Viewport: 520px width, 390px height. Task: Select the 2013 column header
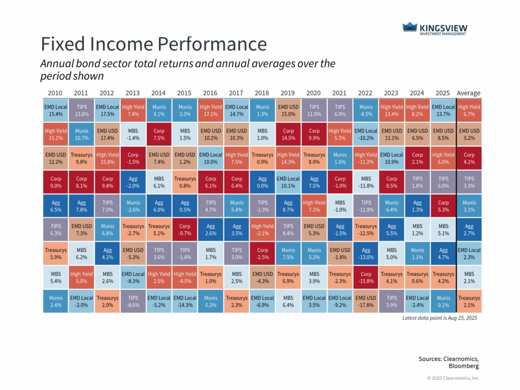pos(133,93)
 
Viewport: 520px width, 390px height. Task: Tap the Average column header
pos(468,93)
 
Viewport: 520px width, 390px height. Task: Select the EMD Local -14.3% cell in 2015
pos(184,301)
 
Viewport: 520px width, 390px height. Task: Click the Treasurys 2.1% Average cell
pos(469,301)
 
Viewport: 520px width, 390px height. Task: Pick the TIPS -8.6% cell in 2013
pos(133,301)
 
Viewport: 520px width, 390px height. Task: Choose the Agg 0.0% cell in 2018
pos(262,182)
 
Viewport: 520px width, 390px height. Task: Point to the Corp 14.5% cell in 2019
pos(288,135)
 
